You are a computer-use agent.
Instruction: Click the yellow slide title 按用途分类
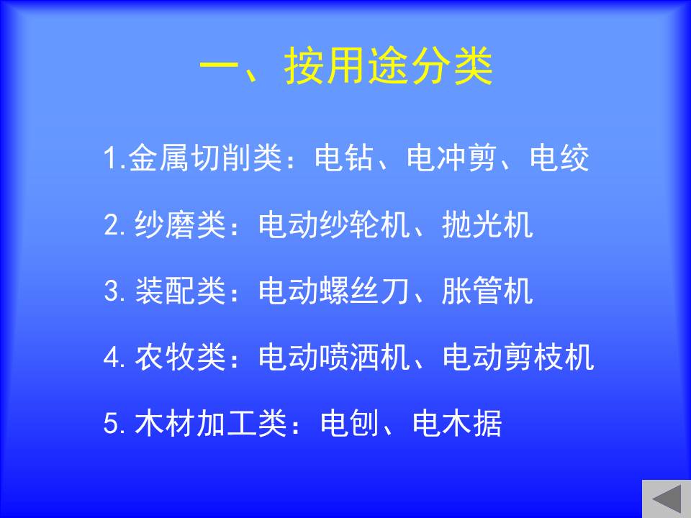pos(388,66)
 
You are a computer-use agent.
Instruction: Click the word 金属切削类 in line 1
pos(205,158)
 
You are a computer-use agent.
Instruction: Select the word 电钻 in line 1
pos(344,158)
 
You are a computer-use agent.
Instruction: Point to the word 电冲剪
pos(452,158)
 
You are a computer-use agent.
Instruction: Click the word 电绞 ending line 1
pos(559,158)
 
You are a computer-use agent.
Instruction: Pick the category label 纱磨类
pos(180,224)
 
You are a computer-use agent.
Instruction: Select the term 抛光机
pos(487,224)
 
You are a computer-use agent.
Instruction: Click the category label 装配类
pos(180,291)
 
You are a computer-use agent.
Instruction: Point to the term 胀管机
pos(487,291)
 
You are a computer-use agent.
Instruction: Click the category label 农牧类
pos(180,357)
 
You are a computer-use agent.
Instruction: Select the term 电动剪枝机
pos(518,357)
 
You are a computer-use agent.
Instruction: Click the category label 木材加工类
pos(211,423)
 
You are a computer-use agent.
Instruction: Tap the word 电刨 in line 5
pos(350,423)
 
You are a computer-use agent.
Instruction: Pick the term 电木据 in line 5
pos(457,423)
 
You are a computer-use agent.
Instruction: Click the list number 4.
pos(112,358)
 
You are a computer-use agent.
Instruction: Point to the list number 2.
pos(112,225)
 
